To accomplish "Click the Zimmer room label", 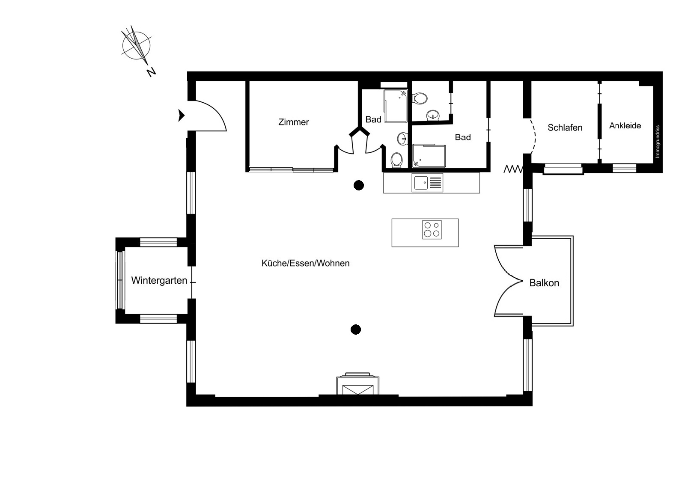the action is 294,122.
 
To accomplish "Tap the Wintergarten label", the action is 159,280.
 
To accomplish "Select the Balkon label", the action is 544,283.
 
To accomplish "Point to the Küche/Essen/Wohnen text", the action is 306,263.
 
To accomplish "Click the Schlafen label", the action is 565,128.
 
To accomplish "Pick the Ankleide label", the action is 625,126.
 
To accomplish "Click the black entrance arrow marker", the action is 182,116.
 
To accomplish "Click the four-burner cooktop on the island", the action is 432,230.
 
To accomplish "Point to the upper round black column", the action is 359,185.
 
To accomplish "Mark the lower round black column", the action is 356,330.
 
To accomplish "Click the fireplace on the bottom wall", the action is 358,385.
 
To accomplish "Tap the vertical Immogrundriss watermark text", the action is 657,142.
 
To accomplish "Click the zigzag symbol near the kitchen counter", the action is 513,169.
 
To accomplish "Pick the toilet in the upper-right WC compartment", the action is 420,98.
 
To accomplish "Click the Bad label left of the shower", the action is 373,119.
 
